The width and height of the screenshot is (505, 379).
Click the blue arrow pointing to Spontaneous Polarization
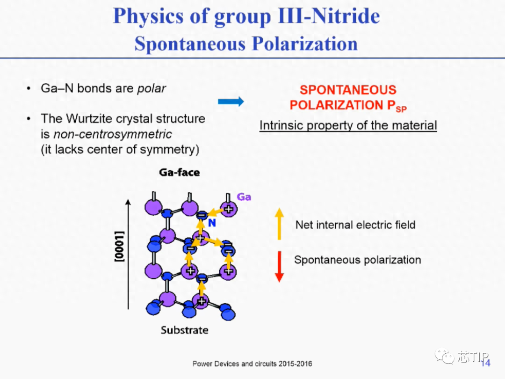tap(231, 102)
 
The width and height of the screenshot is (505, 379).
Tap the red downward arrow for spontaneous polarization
tap(279, 267)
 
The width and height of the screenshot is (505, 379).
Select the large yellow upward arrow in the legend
tap(279, 224)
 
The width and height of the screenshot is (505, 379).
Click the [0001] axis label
tap(120, 246)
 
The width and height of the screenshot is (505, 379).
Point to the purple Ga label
tap(244, 197)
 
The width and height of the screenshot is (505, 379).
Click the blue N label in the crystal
tap(212, 223)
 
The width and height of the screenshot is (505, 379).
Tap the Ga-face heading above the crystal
tap(180, 172)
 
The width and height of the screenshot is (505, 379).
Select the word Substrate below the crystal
tap(185, 330)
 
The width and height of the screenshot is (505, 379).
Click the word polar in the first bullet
tap(151, 88)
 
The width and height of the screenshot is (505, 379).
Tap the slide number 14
tap(486, 363)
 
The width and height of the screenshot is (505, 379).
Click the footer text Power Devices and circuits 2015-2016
tap(252, 364)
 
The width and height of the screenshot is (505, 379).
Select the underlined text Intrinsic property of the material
tap(348, 125)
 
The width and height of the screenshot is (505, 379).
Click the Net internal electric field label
tap(355, 225)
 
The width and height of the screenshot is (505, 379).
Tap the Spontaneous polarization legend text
tap(358, 260)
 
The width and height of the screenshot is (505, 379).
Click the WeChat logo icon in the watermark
tap(445, 356)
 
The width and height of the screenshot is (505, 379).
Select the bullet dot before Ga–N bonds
tap(29, 88)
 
